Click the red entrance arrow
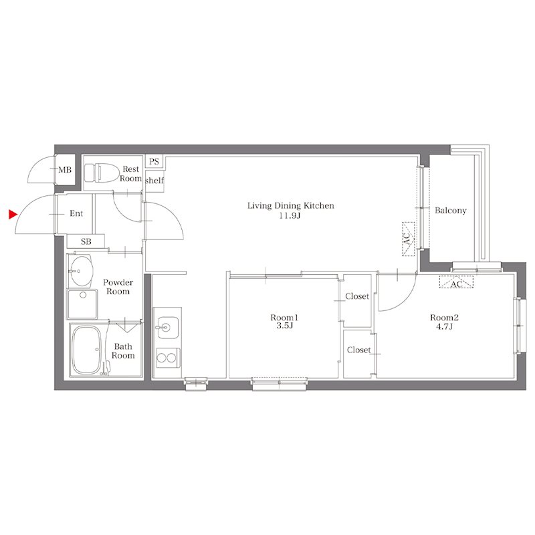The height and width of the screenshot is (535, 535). tap(13, 215)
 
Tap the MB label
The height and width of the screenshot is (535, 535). tap(65, 170)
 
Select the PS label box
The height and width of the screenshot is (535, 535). tap(154, 161)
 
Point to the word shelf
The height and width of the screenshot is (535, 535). tap(154, 181)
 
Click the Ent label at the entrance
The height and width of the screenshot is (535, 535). tap(76, 213)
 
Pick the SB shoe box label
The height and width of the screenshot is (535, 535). tap(86, 241)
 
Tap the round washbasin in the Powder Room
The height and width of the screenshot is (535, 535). tap(81, 272)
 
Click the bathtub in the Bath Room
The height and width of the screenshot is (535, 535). tap(87, 349)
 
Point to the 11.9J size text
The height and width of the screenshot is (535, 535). tap(290, 215)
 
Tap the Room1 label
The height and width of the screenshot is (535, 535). tap(284, 318)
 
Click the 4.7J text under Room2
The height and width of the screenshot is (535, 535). tap(444, 326)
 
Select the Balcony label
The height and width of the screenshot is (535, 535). tap(450, 211)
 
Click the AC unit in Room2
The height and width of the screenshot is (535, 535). tap(456, 282)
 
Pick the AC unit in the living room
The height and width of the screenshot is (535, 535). tap(409, 239)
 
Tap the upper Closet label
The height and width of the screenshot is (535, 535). tap(357, 296)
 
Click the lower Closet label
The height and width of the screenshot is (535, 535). tap(358, 350)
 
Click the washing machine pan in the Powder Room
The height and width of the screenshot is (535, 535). tap(82, 304)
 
